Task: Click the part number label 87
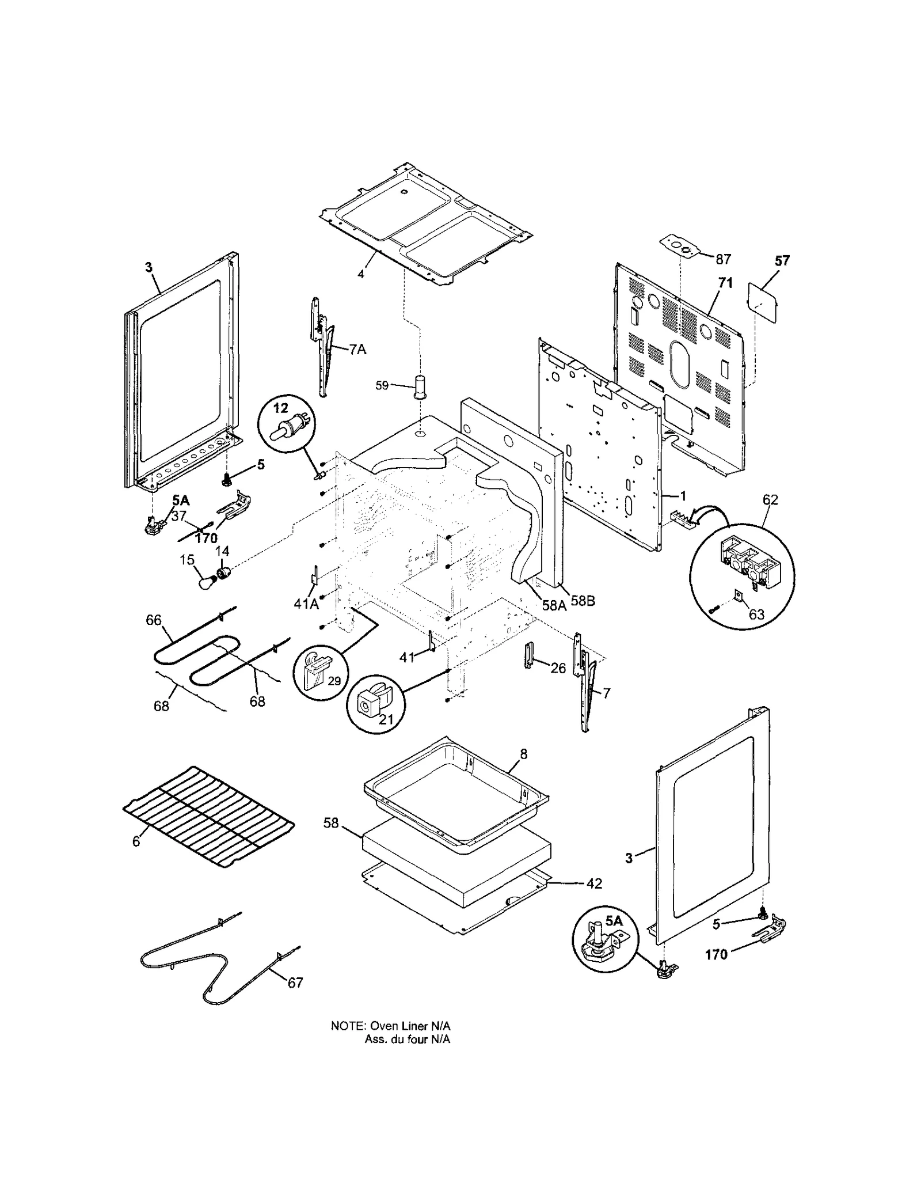coord(723,259)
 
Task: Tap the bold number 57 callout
coord(782,261)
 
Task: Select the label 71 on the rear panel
coord(725,283)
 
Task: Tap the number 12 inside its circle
coord(280,408)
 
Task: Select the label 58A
coord(554,605)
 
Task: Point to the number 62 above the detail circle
coord(770,500)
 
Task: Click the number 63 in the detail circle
coord(756,615)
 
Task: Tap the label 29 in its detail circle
coord(334,681)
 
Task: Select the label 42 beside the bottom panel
coord(594,883)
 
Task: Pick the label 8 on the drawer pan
coord(523,754)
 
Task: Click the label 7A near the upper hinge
coord(357,349)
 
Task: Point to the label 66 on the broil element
coord(154,620)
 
